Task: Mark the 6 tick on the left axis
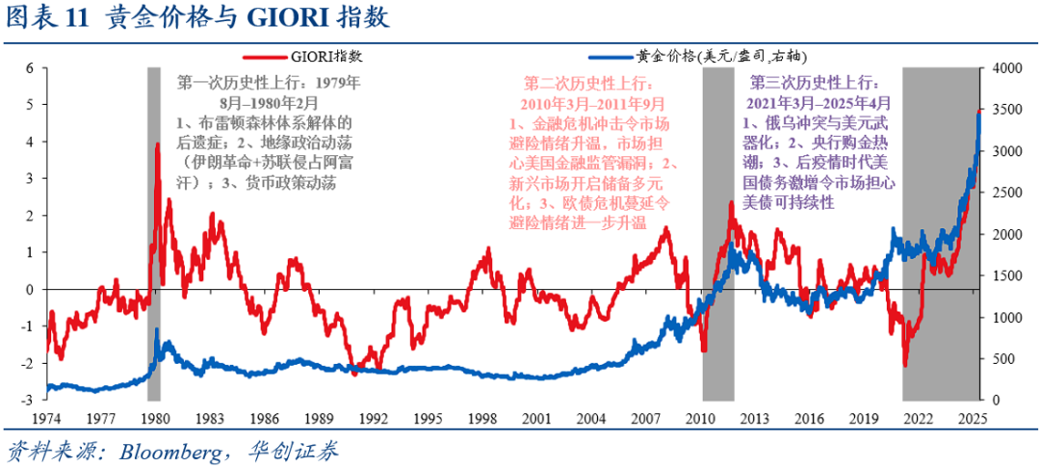click(x=30, y=68)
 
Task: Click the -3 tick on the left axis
click(x=28, y=400)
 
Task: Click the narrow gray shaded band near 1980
click(x=153, y=289)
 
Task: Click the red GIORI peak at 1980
click(x=156, y=145)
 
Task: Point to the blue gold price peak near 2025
click(x=978, y=112)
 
